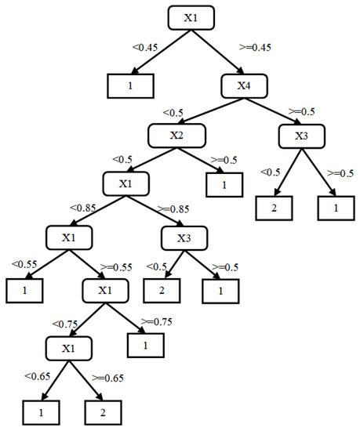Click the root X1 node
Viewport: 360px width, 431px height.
click(x=191, y=17)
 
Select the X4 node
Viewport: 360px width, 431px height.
click(x=245, y=85)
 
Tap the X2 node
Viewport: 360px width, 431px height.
click(x=176, y=136)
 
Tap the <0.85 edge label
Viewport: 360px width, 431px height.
click(x=83, y=208)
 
